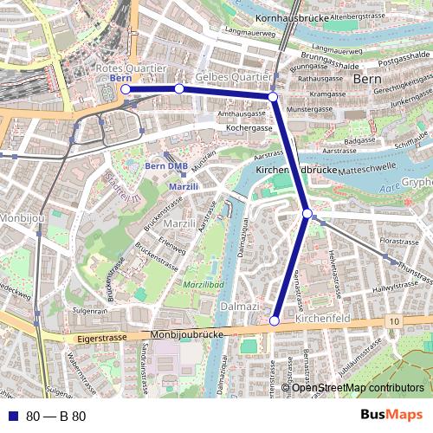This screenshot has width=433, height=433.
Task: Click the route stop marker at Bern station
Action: pos(126,89)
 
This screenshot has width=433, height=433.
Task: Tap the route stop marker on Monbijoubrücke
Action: pos(274,320)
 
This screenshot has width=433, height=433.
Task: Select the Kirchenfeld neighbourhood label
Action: pos(322,320)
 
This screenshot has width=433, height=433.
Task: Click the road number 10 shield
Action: pos(394,321)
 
